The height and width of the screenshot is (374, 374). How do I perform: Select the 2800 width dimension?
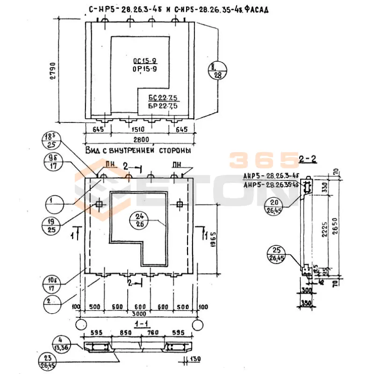[141, 140]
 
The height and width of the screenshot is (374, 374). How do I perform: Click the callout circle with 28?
[217, 70]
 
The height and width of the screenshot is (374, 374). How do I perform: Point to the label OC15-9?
[144, 61]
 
